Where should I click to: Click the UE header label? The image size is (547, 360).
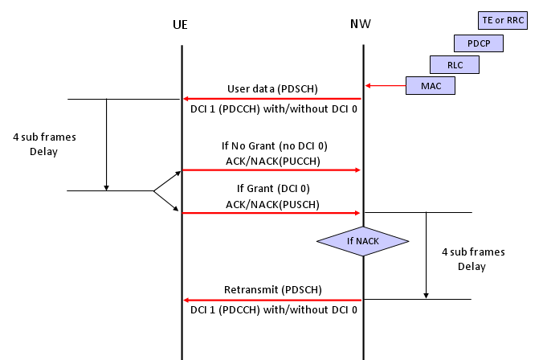[x=180, y=25]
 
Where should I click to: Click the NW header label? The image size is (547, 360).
[x=361, y=24]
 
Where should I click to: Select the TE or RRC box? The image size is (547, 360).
[x=503, y=20]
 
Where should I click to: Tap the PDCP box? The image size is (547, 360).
[x=479, y=43]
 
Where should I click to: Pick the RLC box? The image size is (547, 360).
[x=455, y=64]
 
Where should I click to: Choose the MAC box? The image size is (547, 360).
[x=431, y=86]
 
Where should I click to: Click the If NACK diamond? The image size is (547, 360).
[x=363, y=241]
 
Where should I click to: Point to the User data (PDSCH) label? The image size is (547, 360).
[x=272, y=89]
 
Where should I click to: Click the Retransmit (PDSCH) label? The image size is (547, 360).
[x=273, y=290]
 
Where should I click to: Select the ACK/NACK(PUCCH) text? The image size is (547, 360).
[x=273, y=162]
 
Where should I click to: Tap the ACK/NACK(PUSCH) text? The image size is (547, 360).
[x=272, y=204]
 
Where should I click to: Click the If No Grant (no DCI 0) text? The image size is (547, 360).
[x=275, y=145]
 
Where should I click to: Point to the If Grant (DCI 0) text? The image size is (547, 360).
[x=273, y=189]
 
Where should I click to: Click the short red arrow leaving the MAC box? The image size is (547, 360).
[x=386, y=85]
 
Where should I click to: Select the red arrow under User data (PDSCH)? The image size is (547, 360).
[x=272, y=99]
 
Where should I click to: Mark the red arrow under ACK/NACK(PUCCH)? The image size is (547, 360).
[x=271, y=170]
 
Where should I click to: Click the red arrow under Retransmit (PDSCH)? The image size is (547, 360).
[x=272, y=300]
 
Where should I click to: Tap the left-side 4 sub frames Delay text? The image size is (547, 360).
[x=44, y=144]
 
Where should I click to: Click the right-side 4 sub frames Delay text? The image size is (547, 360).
[x=473, y=259]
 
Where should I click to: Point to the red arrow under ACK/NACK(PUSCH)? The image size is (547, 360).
[x=271, y=213]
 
